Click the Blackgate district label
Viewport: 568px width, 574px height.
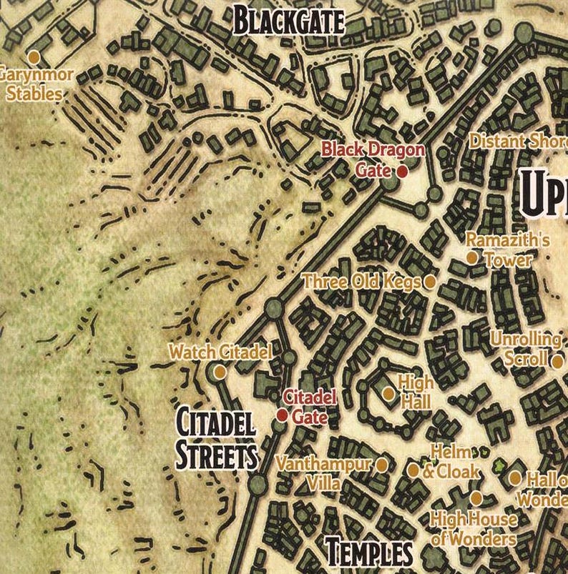[289, 22]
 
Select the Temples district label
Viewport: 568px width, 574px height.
[369, 553]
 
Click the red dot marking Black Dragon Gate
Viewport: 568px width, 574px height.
[403, 172]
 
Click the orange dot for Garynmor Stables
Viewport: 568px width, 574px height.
[33, 56]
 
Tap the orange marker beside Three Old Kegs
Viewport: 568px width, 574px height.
[430, 282]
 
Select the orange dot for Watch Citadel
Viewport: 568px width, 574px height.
[220, 372]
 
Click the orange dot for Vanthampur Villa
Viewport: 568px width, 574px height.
[382, 465]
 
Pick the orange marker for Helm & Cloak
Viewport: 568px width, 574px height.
[413, 470]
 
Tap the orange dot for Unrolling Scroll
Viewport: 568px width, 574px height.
[557, 361]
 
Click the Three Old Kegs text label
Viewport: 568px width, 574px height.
[362, 282]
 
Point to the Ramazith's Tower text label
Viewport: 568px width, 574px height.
[508, 249]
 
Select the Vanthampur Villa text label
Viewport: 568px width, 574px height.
[324, 474]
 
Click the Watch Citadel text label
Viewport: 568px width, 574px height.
[220, 352]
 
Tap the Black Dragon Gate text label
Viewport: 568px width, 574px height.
[373, 159]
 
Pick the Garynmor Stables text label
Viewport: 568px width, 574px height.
[32, 84]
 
